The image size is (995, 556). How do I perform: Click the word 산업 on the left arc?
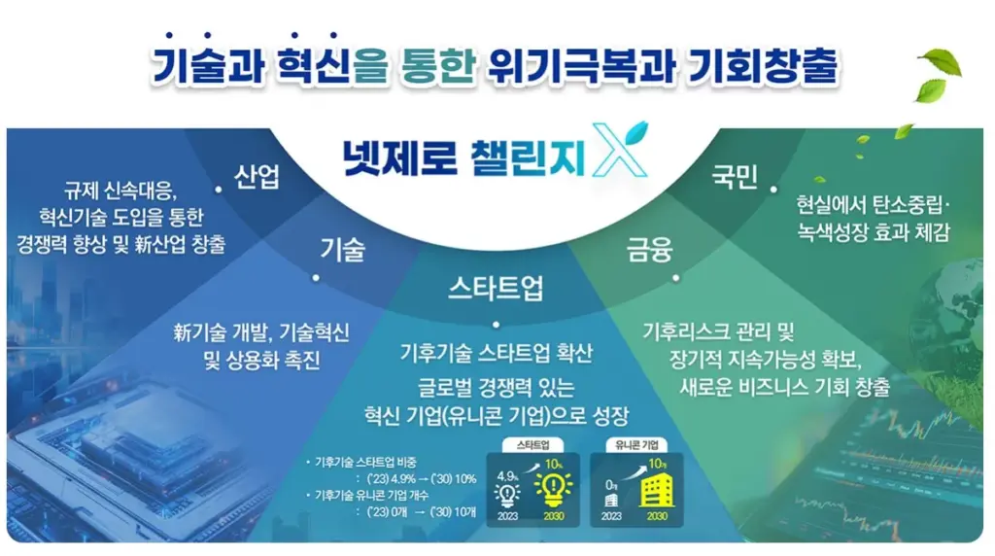pos(257,177)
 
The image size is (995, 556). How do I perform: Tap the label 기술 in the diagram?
pos(342,250)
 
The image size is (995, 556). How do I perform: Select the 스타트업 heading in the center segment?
pos(496,288)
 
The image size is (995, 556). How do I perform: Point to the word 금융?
pos(649,251)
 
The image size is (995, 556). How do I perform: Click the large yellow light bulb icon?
pos(558,488)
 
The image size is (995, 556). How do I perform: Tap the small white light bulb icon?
pos(507,494)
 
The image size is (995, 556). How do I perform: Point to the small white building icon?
pos(611,498)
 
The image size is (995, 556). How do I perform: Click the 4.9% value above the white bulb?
pos(506,475)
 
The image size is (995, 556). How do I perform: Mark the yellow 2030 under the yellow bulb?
pos(556,515)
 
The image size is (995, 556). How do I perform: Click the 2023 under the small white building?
pos(611,515)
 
